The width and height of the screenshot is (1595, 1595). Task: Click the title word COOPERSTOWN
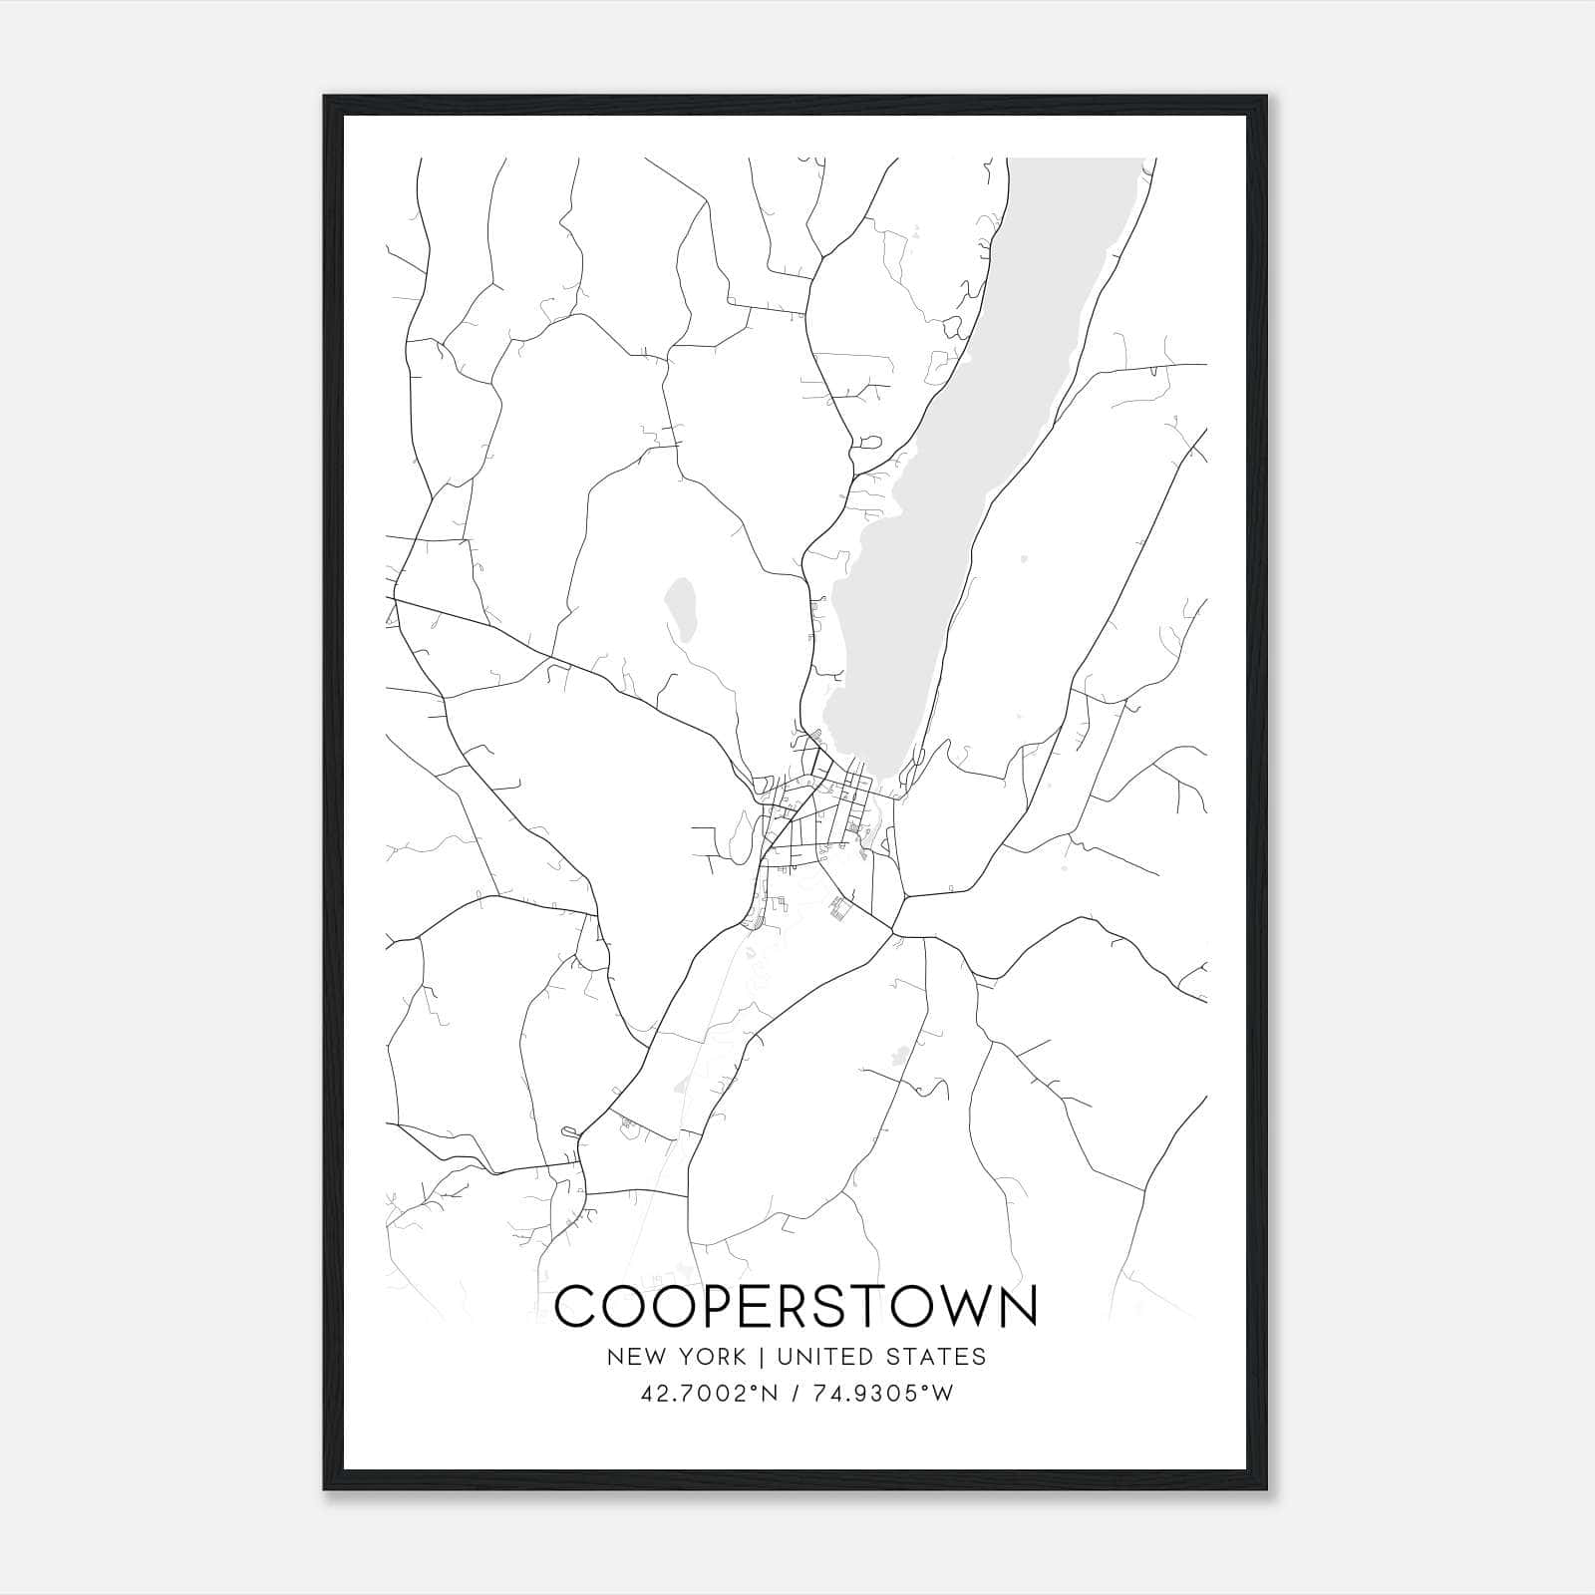pyautogui.click(x=796, y=1306)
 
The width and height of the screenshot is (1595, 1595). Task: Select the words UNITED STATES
pyautogui.click(x=881, y=1357)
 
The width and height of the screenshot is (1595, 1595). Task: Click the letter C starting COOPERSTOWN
pyautogui.click(x=577, y=1306)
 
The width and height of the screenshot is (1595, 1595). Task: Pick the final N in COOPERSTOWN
pyautogui.click(x=1015, y=1306)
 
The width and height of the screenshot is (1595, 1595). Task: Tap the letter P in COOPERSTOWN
pyautogui.click(x=722, y=1306)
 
